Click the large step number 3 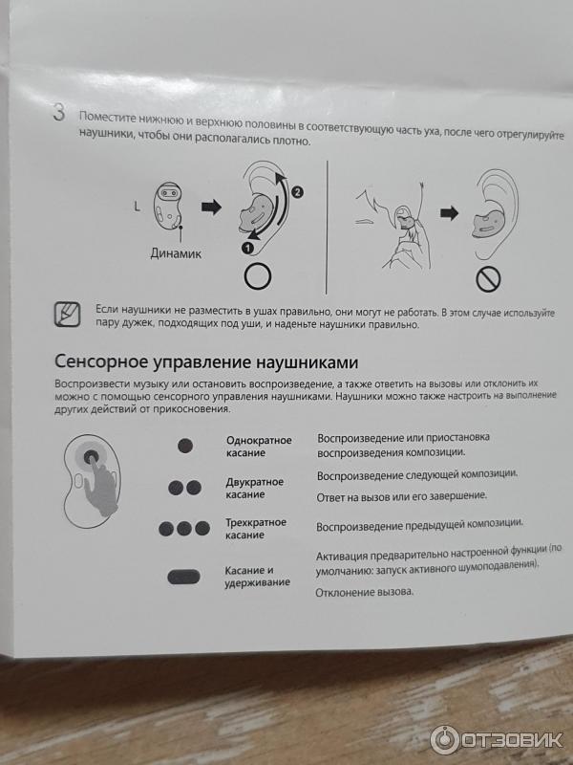pyautogui.click(x=58, y=112)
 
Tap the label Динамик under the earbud pyautogui.click(x=176, y=253)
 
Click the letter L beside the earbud pyautogui.click(x=137, y=207)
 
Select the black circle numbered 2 pyautogui.click(x=297, y=192)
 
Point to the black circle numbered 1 pyautogui.click(x=247, y=248)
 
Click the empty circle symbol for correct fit pyautogui.click(x=258, y=276)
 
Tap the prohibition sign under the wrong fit pyautogui.click(x=488, y=279)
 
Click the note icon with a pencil pyautogui.click(x=67, y=315)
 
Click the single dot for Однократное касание pyautogui.click(x=185, y=446)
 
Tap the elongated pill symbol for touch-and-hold pyautogui.click(x=183, y=577)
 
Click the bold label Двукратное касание pyautogui.click(x=254, y=488)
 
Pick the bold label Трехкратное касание pyautogui.click(x=256, y=529)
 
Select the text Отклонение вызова pyautogui.click(x=365, y=592)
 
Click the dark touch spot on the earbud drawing pyautogui.click(x=91, y=457)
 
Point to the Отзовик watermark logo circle pyautogui.click(x=444, y=739)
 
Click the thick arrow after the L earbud pyautogui.click(x=211, y=208)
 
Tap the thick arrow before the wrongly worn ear pyautogui.click(x=449, y=213)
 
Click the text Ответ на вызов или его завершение pyautogui.click(x=402, y=496)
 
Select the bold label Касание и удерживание pyautogui.click(x=257, y=577)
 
